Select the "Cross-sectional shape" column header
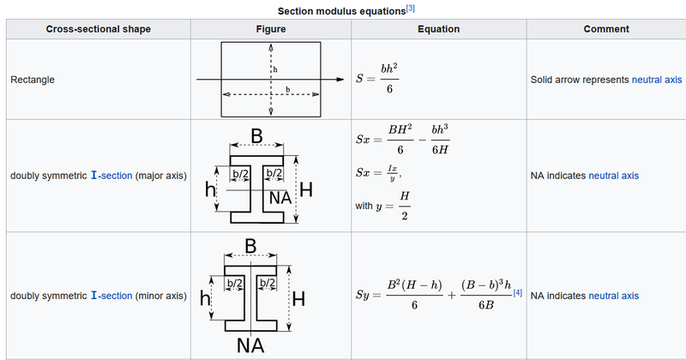tap(98, 29)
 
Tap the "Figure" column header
tap(271, 29)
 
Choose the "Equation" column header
tap(438, 29)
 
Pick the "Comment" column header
tap(606, 29)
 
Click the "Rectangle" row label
tap(33, 80)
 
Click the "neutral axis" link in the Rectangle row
tap(657, 80)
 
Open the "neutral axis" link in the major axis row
tap(613, 176)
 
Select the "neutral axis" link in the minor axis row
tap(613, 296)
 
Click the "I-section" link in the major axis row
tap(111, 176)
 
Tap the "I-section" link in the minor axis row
tap(111, 296)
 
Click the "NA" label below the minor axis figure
tap(250, 345)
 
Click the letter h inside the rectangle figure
tap(274, 67)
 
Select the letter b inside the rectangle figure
tap(287, 89)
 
